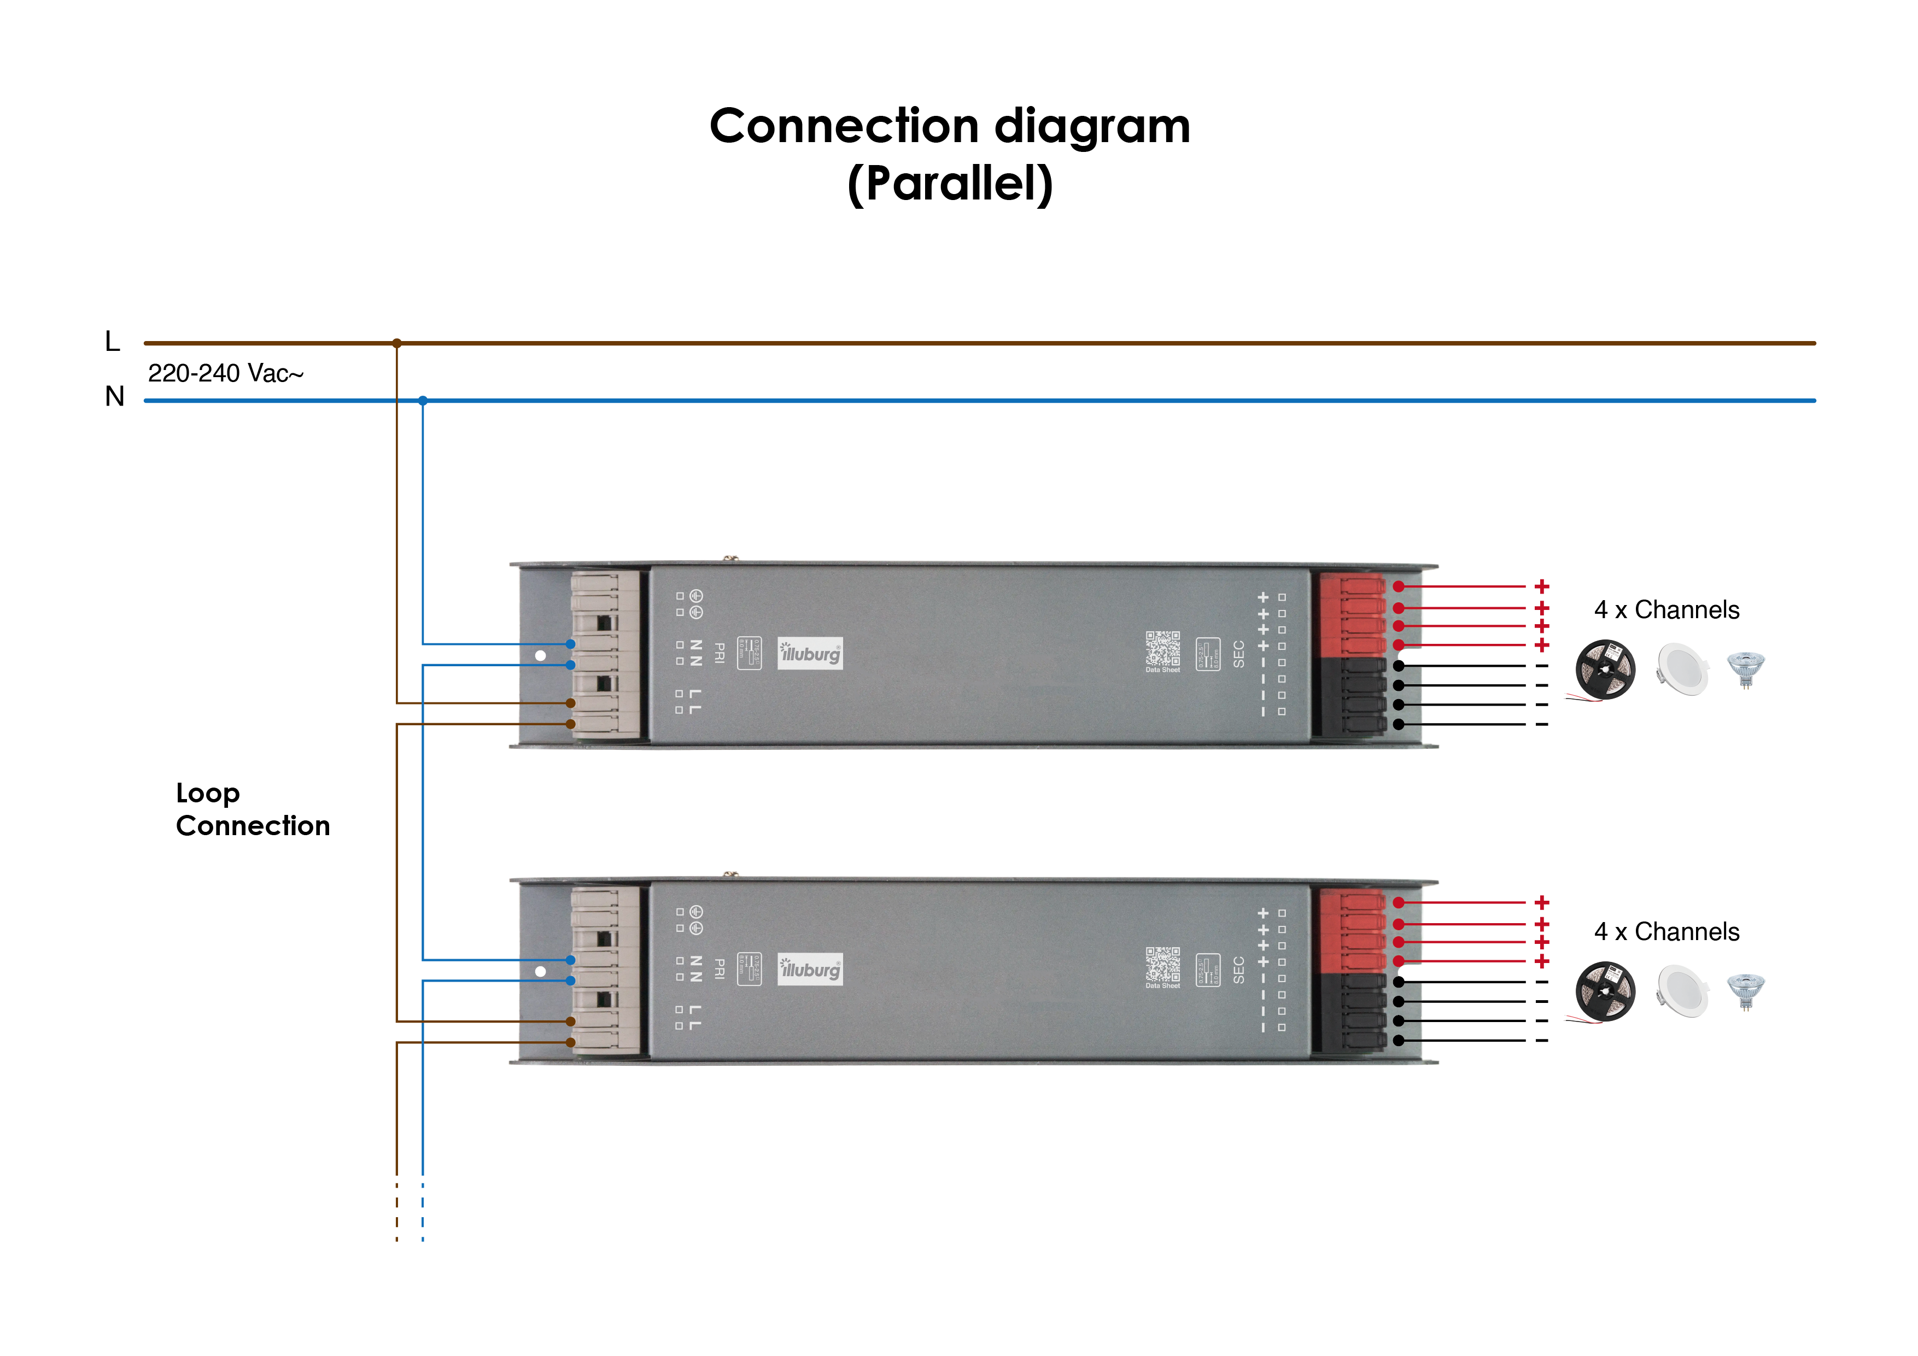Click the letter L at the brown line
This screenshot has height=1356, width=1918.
pos(113,341)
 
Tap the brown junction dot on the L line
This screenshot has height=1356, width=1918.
pos(397,343)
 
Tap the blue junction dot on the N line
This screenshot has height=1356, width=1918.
pos(423,401)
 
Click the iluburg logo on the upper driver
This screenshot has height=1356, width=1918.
pos(810,654)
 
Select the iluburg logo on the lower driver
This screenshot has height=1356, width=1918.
pos(810,970)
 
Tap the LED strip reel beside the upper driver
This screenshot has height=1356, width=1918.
pos(1604,670)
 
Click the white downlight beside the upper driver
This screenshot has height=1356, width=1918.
pos(1682,669)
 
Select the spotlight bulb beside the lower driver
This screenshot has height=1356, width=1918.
pos(1745,991)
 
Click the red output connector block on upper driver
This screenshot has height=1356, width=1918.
pos(1350,615)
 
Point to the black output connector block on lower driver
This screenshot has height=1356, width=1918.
pos(1350,1011)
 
